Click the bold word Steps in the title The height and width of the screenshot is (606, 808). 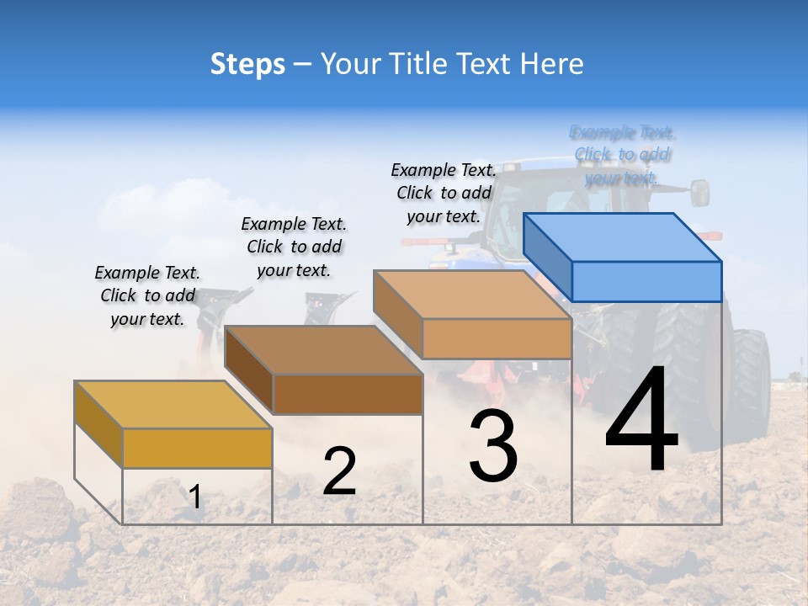(247, 64)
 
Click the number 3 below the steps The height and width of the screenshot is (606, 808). (493, 446)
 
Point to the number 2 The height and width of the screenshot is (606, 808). (339, 471)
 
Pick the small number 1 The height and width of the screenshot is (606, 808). (195, 497)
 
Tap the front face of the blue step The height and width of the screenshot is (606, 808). (646, 281)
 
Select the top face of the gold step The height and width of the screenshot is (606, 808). (173, 405)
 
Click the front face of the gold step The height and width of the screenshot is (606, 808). (197, 448)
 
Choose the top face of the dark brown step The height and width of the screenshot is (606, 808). (324, 350)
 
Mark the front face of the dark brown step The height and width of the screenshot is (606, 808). (348, 394)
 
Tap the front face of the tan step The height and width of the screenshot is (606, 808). (497, 338)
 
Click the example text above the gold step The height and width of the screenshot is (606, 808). (147, 295)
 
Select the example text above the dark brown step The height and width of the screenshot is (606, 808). (294, 247)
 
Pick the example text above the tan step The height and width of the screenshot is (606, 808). (444, 193)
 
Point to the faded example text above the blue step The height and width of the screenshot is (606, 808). (622, 155)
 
